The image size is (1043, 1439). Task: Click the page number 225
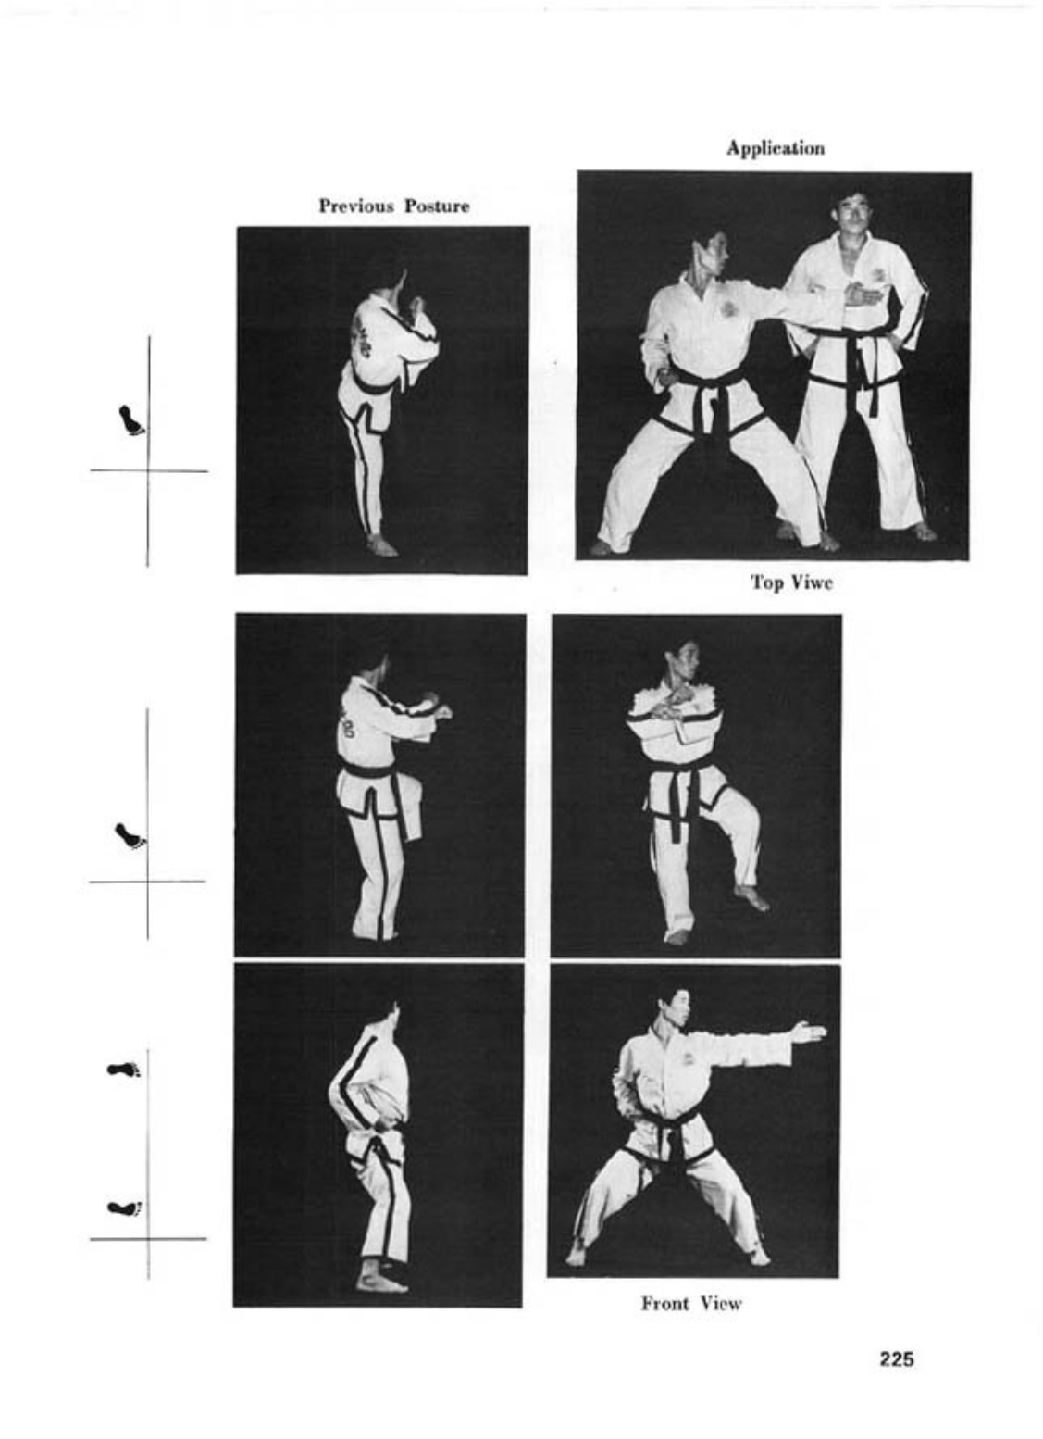pyautogui.click(x=896, y=1359)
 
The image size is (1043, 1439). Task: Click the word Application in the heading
pyautogui.click(x=776, y=148)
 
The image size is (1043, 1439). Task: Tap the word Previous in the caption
pyautogui.click(x=356, y=206)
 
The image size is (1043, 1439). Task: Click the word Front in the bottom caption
pyautogui.click(x=664, y=1304)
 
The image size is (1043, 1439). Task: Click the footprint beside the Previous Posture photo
pyautogui.click(x=131, y=420)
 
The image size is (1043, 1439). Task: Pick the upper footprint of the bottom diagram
pyautogui.click(x=125, y=1070)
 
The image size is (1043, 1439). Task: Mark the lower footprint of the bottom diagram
pyautogui.click(x=125, y=1208)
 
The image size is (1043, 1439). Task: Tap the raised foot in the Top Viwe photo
pyautogui.click(x=751, y=897)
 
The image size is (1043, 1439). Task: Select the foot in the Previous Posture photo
pyautogui.click(x=382, y=546)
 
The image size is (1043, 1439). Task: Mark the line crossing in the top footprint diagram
pyautogui.click(x=148, y=471)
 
